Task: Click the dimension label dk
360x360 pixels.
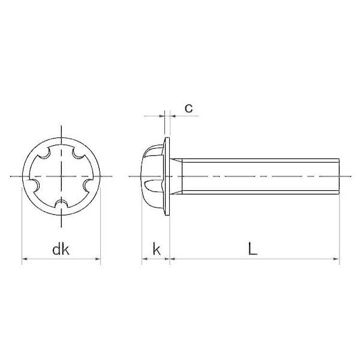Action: [x=61, y=250]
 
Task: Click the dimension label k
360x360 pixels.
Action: [x=157, y=250]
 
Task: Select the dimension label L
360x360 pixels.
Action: [x=253, y=250]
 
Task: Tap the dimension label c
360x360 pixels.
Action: [x=189, y=109]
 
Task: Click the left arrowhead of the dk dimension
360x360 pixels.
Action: [x=25, y=259]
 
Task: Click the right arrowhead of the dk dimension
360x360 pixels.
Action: [x=98, y=259]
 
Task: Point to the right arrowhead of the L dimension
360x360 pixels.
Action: [x=337, y=259]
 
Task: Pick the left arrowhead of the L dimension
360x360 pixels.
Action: [x=172, y=259]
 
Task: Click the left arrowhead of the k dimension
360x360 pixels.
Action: [x=145, y=259]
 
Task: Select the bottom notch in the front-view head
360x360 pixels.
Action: [x=61, y=204]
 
